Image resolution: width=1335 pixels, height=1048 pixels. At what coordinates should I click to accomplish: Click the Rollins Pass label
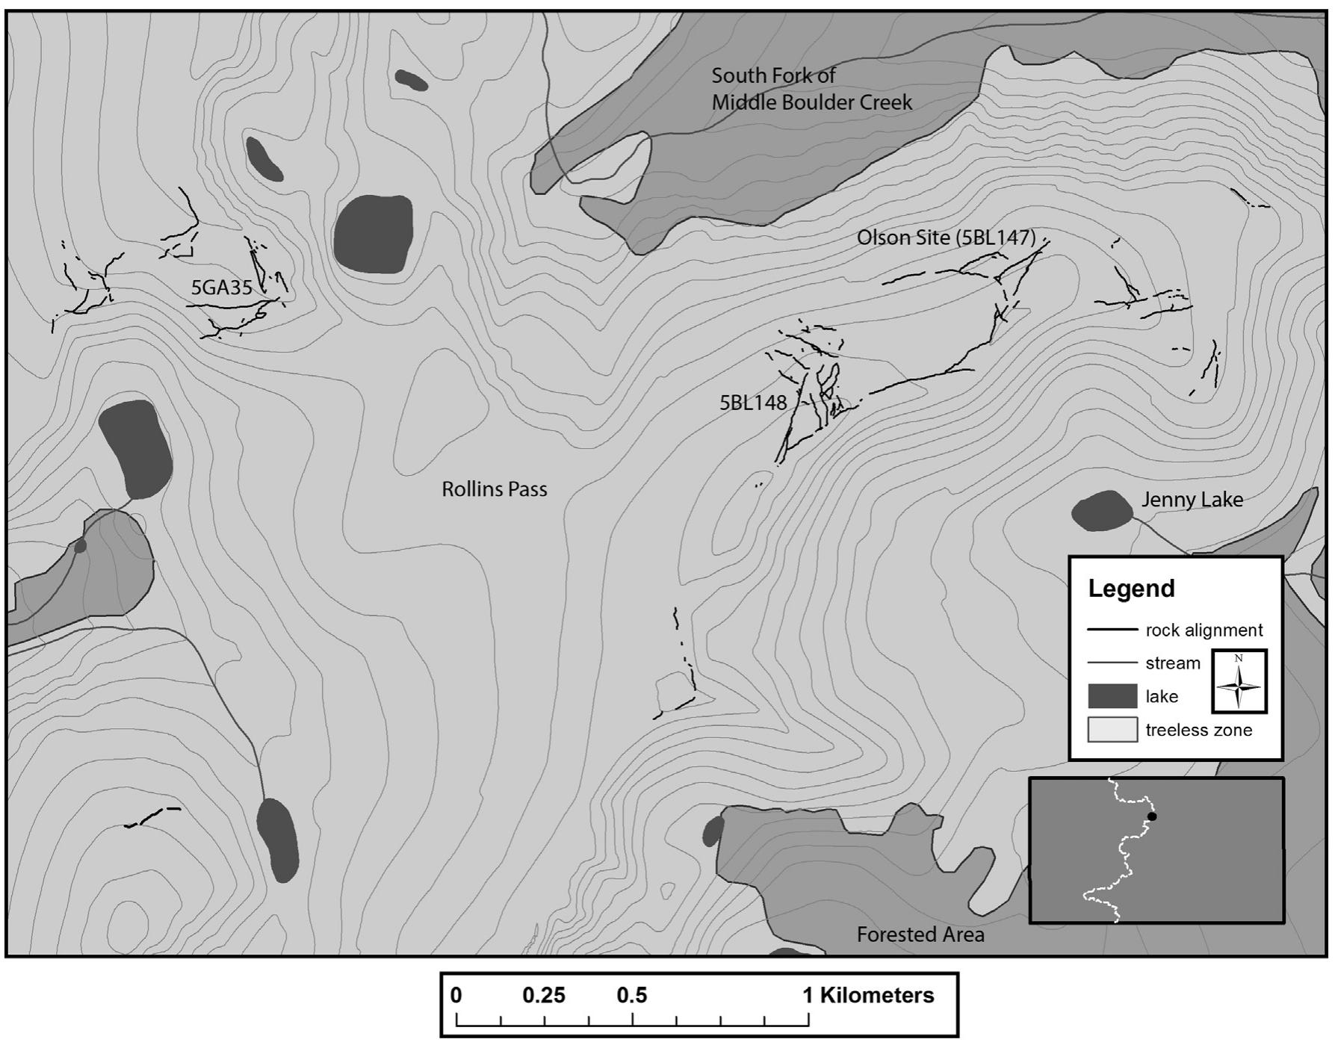click(494, 489)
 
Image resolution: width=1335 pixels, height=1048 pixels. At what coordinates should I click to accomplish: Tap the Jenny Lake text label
click(1192, 500)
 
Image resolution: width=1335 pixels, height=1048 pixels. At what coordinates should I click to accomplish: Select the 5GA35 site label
click(222, 288)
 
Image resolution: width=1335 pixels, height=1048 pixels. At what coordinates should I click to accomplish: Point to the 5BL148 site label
click(753, 403)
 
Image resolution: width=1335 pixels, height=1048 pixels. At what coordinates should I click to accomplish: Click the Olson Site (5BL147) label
click(946, 238)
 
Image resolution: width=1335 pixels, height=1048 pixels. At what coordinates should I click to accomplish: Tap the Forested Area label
click(920, 934)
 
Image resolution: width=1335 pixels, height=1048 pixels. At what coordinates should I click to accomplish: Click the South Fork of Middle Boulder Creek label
click(811, 89)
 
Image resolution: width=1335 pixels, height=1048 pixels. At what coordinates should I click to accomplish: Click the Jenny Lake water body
click(1102, 511)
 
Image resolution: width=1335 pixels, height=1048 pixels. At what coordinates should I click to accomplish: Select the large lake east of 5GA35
click(373, 234)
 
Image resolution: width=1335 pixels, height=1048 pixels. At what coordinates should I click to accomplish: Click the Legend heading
click(1131, 589)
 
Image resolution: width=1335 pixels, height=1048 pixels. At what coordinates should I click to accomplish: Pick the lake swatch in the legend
click(1112, 696)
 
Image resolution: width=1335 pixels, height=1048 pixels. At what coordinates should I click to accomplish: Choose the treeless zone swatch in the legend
click(1112, 730)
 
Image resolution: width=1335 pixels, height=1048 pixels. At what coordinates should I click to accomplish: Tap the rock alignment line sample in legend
click(1112, 630)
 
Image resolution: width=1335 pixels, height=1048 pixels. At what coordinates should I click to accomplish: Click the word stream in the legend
click(1173, 663)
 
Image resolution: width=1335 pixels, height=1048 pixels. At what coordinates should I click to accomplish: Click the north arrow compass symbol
click(1239, 680)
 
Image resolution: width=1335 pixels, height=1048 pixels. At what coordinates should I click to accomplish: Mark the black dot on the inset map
click(1152, 816)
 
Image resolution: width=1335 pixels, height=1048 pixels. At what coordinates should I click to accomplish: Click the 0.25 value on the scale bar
click(544, 996)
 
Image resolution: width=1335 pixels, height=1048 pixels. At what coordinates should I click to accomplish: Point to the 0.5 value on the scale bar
click(632, 996)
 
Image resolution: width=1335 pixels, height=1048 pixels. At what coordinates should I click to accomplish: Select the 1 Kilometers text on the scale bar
click(868, 996)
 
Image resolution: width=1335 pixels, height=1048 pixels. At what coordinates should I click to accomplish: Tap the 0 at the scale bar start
click(456, 996)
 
